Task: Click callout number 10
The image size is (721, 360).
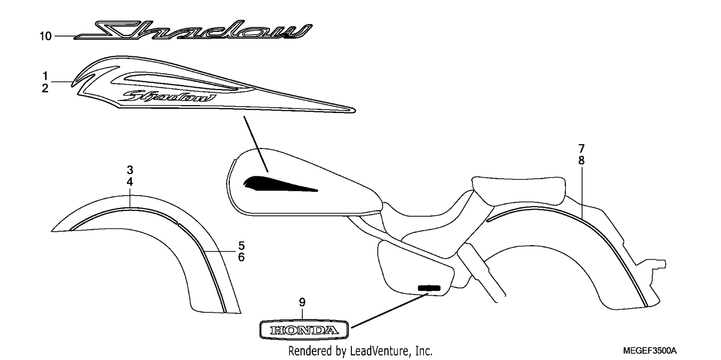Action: click(x=46, y=36)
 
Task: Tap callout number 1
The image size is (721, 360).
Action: click(x=45, y=76)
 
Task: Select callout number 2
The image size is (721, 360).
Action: click(x=45, y=88)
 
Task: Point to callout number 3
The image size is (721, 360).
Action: click(x=130, y=170)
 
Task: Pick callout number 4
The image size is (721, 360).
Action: click(x=130, y=182)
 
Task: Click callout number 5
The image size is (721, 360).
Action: click(x=241, y=246)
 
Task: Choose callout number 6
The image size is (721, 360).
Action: click(x=241, y=257)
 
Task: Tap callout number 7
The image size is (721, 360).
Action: click(x=581, y=149)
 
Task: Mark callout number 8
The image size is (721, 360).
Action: click(x=581, y=161)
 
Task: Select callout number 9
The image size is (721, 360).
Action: click(x=302, y=302)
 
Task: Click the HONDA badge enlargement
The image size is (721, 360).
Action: click(x=304, y=330)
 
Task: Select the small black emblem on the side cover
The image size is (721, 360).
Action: click(x=429, y=288)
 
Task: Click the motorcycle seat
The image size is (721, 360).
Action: click(x=518, y=190)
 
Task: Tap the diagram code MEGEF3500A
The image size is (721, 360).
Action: click(x=650, y=350)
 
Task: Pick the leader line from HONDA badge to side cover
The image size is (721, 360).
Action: click(x=389, y=310)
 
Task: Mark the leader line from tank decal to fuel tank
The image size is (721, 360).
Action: click(x=256, y=144)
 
